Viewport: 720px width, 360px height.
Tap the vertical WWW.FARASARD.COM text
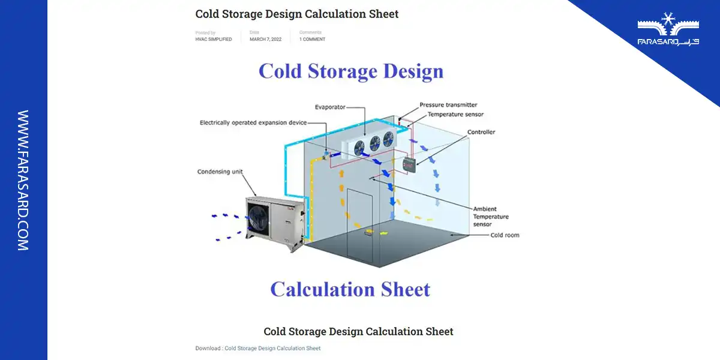pos(23,180)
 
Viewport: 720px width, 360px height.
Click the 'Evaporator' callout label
pos(330,107)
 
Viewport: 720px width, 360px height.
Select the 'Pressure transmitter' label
pos(448,105)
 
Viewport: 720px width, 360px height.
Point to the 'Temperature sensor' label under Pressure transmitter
pos(455,114)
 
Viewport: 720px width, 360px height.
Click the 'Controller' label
pos(481,132)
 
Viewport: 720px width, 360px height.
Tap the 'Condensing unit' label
pos(220,172)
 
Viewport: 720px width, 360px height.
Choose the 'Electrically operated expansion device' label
pos(253,122)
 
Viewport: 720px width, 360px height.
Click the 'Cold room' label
pos(505,235)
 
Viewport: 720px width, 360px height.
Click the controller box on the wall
pos(410,164)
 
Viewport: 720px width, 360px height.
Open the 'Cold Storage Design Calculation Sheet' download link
pos(272,348)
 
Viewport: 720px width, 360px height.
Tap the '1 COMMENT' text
pos(312,40)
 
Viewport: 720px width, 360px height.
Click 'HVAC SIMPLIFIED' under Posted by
pos(214,40)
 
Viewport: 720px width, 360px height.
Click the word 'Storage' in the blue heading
pos(339,71)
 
